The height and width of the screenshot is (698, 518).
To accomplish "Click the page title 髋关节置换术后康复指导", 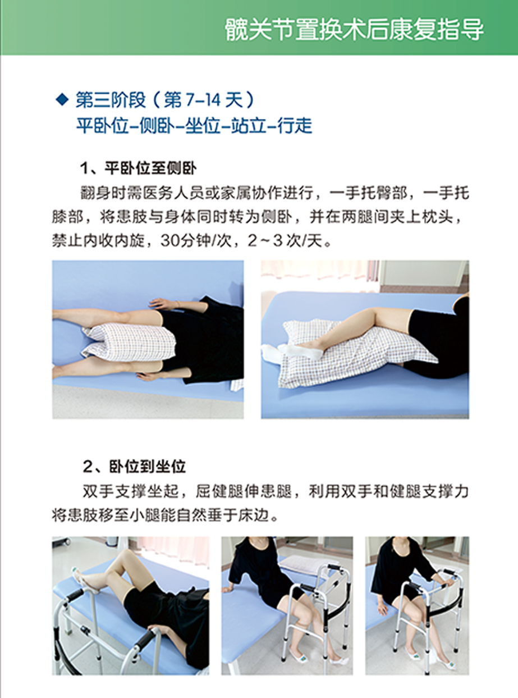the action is coord(354,30).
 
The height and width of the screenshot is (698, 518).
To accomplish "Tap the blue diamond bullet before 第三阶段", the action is coord(62,99).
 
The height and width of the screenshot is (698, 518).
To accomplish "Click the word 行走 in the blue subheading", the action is coord(295,125).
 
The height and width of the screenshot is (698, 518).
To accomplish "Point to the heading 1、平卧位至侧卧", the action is coord(139,168).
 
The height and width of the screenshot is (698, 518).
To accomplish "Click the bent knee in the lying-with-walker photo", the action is coord(126,560).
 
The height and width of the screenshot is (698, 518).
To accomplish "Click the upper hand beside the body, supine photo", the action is coord(163,303).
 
